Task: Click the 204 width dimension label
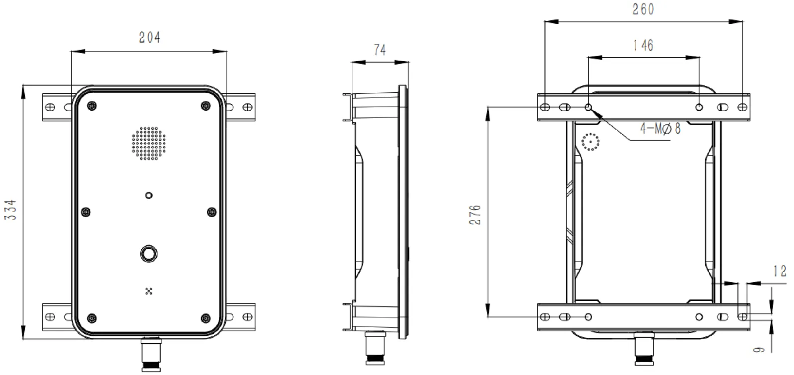click(149, 38)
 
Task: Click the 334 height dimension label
click(11, 210)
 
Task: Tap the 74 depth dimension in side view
click(380, 50)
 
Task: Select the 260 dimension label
click(643, 9)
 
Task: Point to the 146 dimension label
click(643, 46)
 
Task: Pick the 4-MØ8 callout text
click(660, 129)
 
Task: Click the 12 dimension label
click(780, 271)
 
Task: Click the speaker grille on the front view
click(148, 143)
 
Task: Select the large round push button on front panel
click(148, 254)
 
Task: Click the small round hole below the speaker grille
click(148, 195)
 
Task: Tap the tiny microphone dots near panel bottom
click(148, 291)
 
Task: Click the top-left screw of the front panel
click(91, 106)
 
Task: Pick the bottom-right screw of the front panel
click(205, 318)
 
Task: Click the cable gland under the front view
click(149, 354)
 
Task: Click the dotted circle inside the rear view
click(591, 143)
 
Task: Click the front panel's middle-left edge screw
click(86, 213)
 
